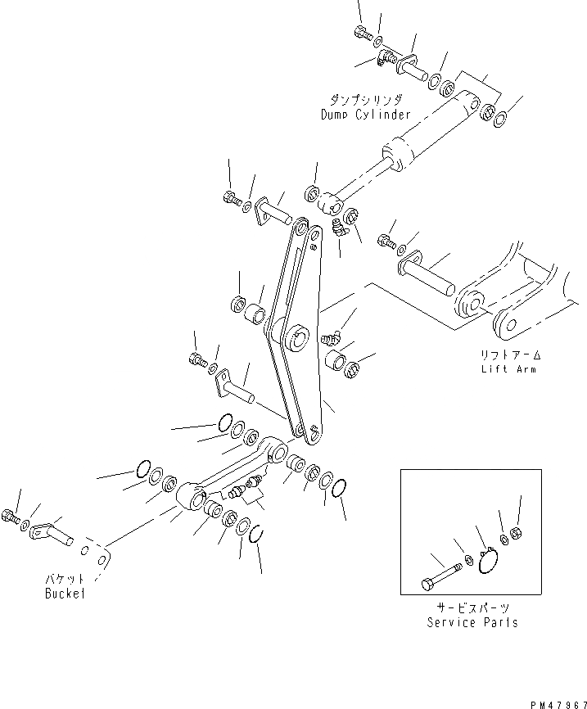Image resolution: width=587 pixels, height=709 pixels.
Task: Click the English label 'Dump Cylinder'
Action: pyautogui.click(x=365, y=115)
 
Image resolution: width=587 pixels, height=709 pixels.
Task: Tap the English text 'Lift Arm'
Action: pyautogui.click(x=509, y=369)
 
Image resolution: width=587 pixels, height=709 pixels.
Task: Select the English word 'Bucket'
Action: pyautogui.click(x=65, y=593)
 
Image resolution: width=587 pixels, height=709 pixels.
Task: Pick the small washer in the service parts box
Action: pyautogui.click(x=467, y=560)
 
